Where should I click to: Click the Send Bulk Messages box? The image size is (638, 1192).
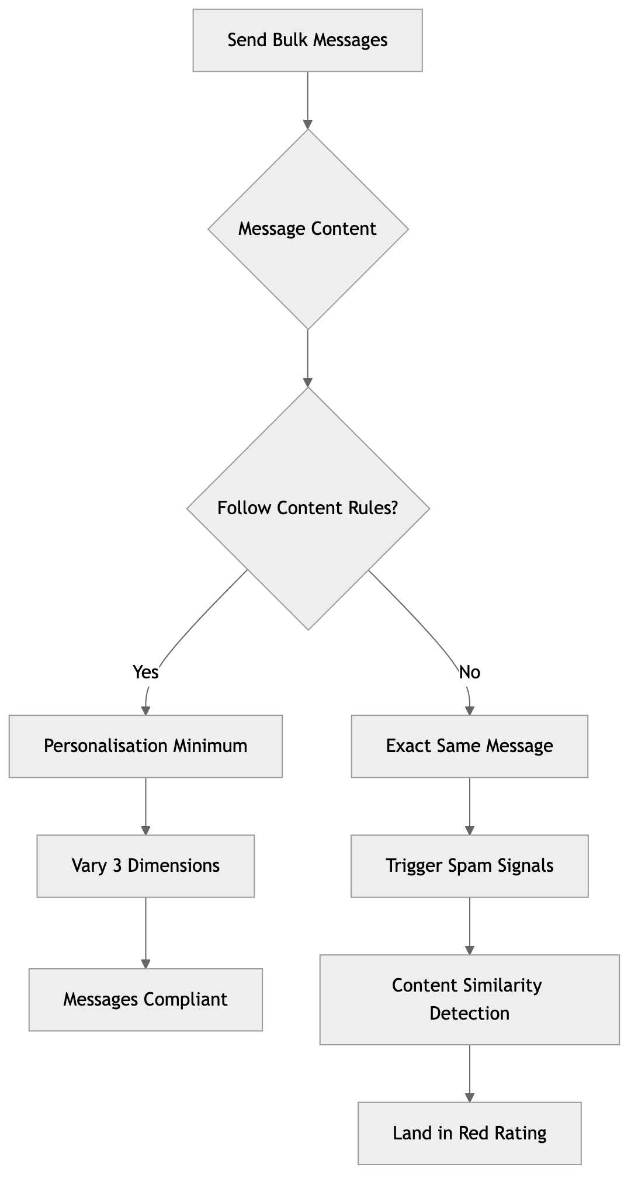307,40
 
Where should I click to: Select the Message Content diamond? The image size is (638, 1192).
307,228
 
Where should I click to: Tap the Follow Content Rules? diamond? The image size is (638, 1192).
307,508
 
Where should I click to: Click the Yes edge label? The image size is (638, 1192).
145,673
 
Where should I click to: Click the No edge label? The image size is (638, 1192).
470,673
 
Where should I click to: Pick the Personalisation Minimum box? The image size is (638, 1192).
145,746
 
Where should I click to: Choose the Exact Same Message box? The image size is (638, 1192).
469,746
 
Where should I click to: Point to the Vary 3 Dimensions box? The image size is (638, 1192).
145,865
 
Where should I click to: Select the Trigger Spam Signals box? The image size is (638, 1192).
469,865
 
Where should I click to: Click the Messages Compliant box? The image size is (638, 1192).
145,999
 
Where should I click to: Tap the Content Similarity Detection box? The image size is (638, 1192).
469,999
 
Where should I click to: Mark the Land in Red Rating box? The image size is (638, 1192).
469,1133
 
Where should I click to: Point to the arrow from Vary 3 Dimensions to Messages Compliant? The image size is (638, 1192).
145,932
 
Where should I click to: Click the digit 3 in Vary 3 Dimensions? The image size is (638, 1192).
117,865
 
